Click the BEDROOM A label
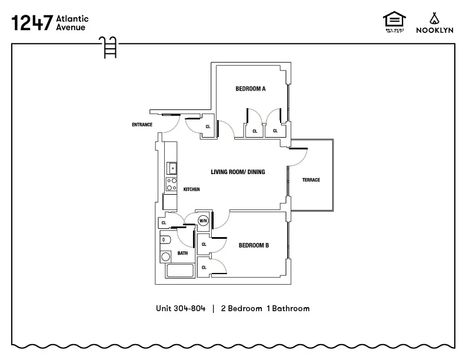pyautogui.click(x=251, y=89)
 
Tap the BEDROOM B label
pyautogui.click(x=254, y=245)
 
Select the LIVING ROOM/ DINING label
pyautogui.click(x=238, y=172)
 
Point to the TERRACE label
pyautogui.click(x=311, y=180)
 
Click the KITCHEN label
pyautogui.click(x=192, y=189)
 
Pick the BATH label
pyautogui.click(x=183, y=254)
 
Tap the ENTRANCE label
pyautogui.click(x=142, y=125)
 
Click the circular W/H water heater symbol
pyautogui.click(x=203, y=221)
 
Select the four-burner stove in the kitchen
pyautogui.click(x=172, y=184)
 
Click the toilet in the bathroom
pyautogui.click(x=165, y=240)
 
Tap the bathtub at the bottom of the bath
pyautogui.click(x=180, y=272)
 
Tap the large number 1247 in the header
pyautogui.click(x=31, y=22)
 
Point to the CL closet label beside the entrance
pyautogui.click(x=208, y=126)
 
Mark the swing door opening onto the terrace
pyautogui.click(x=298, y=155)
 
